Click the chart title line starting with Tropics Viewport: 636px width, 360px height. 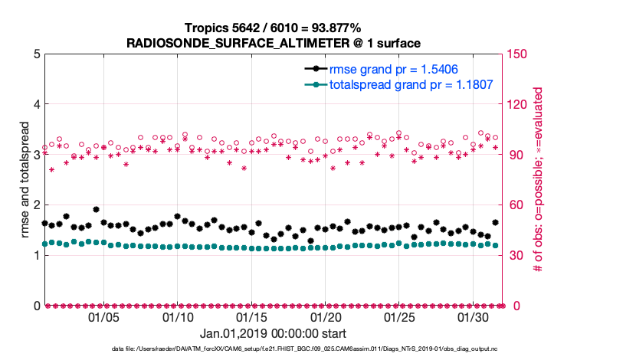274,28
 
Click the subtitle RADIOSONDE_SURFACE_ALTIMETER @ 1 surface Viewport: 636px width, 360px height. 274,42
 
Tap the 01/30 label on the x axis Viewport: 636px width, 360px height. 474,317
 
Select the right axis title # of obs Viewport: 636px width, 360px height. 539,179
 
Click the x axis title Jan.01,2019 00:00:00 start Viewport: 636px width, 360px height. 274,334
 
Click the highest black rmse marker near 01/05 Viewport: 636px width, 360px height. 96,209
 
